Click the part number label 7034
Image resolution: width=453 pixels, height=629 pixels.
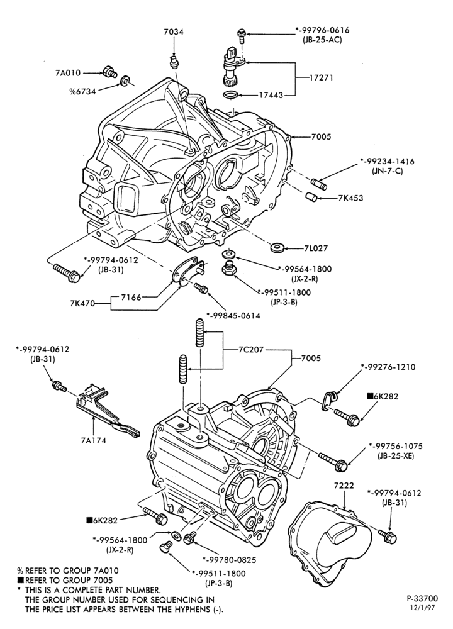click(174, 31)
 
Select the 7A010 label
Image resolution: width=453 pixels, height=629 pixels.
click(68, 73)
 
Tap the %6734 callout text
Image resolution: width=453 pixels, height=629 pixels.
click(82, 91)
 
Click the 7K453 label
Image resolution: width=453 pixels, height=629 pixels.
click(350, 198)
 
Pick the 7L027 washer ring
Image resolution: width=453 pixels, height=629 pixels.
click(276, 248)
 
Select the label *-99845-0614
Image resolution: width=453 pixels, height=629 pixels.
click(233, 316)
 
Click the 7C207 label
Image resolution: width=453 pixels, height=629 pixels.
click(250, 349)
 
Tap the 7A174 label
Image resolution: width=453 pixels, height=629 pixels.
click(93, 440)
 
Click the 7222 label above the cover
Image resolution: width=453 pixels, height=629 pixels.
click(344, 486)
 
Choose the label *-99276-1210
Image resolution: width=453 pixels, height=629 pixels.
click(388, 367)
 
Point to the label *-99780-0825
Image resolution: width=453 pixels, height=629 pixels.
click(229, 560)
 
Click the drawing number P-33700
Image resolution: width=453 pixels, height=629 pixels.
click(422, 599)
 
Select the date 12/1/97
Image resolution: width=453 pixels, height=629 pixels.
click(423, 608)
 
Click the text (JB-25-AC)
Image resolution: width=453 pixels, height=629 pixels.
click(323, 40)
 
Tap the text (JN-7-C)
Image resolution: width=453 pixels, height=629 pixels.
click(387, 171)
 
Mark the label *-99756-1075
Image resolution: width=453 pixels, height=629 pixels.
click(395, 446)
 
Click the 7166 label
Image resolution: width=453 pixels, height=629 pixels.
click(131, 297)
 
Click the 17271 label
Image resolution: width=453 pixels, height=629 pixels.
click(321, 77)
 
